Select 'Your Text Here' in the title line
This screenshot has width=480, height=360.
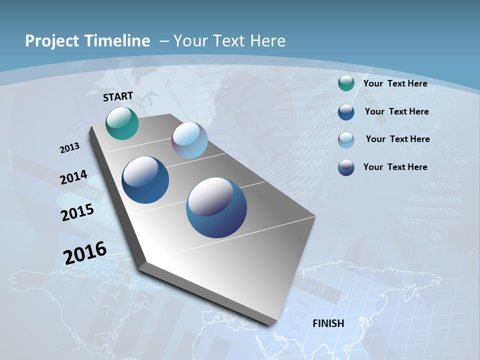(x=229, y=41)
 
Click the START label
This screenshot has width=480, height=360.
(x=118, y=96)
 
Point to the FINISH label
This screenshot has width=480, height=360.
(x=328, y=323)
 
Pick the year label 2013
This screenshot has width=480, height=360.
(x=69, y=148)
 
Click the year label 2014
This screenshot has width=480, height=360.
(x=73, y=177)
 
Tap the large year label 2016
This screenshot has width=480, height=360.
(x=85, y=252)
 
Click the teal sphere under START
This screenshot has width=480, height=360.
(x=122, y=123)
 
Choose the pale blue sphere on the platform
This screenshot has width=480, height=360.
(x=189, y=140)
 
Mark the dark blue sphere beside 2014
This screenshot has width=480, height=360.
(x=145, y=180)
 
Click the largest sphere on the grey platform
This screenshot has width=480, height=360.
(x=216, y=207)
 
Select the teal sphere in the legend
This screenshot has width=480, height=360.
(x=346, y=83)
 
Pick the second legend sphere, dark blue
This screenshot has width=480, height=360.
(x=346, y=112)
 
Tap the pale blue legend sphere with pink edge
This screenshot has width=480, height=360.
(x=346, y=139)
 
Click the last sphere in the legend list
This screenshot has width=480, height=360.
(x=346, y=167)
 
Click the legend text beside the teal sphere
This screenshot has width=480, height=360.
(x=395, y=83)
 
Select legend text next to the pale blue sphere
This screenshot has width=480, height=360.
(x=397, y=139)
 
